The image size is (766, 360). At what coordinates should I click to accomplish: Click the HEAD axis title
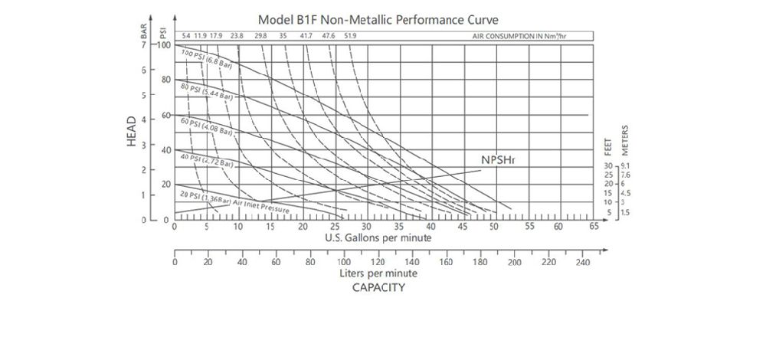132,131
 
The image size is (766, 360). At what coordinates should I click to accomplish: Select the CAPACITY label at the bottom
378,288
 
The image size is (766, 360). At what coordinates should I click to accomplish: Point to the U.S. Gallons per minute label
378,237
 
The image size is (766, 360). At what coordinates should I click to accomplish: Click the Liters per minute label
378,273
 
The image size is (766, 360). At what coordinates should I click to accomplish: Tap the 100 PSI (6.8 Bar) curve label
207,59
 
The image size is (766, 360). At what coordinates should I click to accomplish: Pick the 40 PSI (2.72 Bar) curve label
207,160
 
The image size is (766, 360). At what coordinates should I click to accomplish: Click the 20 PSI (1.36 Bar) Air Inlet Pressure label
234,201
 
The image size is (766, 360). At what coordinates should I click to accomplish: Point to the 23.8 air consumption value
237,36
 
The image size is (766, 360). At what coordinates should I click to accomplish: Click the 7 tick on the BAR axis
144,45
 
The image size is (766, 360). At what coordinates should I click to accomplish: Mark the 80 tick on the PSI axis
165,80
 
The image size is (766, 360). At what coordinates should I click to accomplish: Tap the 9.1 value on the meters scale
625,166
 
